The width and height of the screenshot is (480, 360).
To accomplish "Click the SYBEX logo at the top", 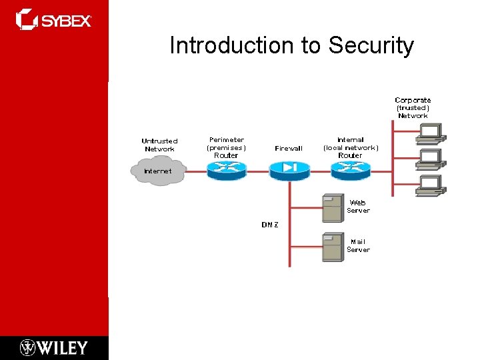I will pyautogui.click(x=54, y=20).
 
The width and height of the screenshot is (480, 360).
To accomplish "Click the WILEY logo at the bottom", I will pyautogui.click(x=54, y=347).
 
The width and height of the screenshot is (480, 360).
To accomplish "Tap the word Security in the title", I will pyautogui.click(x=371, y=45).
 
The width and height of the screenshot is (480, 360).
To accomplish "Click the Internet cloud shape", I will pyautogui.click(x=159, y=171).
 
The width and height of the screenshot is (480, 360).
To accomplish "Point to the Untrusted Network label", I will pyautogui.click(x=159, y=145).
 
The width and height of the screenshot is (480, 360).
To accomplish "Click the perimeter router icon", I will pyautogui.click(x=227, y=171).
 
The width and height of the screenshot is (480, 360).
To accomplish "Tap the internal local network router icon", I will pyautogui.click(x=350, y=171).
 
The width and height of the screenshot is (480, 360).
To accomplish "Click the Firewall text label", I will pyautogui.click(x=289, y=149).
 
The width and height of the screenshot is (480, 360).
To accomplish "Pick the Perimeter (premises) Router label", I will pyautogui.click(x=227, y=147).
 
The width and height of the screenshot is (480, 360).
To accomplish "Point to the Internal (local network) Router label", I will pyautogui.click(x=351, y=147).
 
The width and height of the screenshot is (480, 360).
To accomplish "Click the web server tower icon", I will pyautogui.click(x=332, y=207).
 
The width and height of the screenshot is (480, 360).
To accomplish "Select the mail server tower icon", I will pyautogui.click(x=332, y=247).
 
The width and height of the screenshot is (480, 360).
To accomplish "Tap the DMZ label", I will pyautogui.click(x=270, y=225).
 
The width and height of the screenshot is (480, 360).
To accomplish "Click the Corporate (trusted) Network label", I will pyautogui.click(x=413, y=108).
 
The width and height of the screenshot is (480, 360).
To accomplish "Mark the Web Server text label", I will pyautogui.click(x=358, y=206).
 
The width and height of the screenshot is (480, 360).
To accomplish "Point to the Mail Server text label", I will pyautogui.click(x=358, y=245).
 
